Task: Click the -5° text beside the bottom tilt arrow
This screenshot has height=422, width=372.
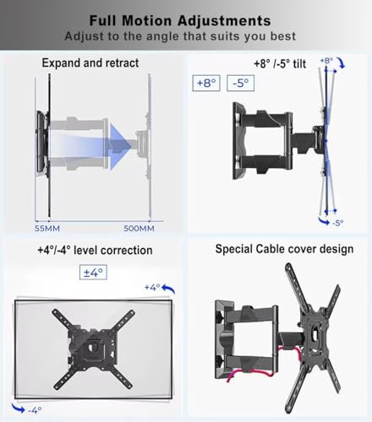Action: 337,223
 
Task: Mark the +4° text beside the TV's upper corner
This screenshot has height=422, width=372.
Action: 152,287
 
